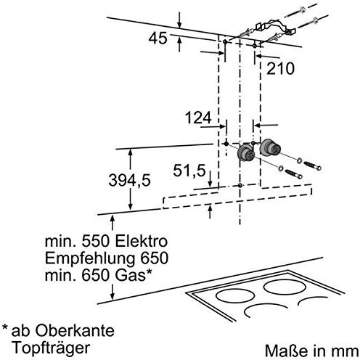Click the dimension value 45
click(157, 38)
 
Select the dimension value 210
click(280, 68)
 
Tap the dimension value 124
click(198, 118)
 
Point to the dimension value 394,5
click(129, 181)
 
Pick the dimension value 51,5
click(189, 171)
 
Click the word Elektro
click(141, 241)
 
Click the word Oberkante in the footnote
click(75, 330)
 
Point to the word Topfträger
click(52, 348)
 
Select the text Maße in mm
click(311, 351)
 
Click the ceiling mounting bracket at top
click(274, 27)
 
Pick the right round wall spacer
click(270, 147)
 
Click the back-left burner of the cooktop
click(234, 295)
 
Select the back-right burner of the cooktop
click(284, 287)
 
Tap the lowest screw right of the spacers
click(294, 174)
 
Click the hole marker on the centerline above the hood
click(240, 185)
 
